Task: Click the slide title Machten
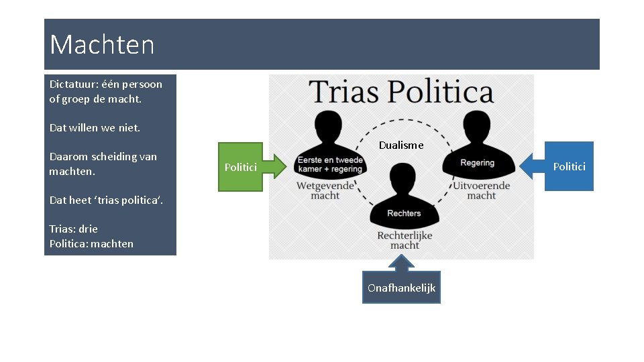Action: click(102, 45)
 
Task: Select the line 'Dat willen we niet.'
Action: click(95, 127)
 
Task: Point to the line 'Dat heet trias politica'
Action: click(106, 200)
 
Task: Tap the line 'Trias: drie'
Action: click(73, 229)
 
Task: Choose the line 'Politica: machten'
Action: click(91, 244)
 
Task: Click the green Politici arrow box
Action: click(241, 167)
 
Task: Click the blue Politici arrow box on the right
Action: click(568, 166)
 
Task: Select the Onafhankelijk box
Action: click(401, 288)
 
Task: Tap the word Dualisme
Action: click(401, 145)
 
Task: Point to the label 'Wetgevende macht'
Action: click(325, 190)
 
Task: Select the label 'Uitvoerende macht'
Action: click(481, 190)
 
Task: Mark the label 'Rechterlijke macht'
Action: click(405, 241)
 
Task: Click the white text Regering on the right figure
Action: click(477, 163)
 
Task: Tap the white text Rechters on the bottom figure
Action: click(404, 213)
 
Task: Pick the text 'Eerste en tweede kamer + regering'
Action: click(330, 165)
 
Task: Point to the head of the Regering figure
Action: click(476, 127)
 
